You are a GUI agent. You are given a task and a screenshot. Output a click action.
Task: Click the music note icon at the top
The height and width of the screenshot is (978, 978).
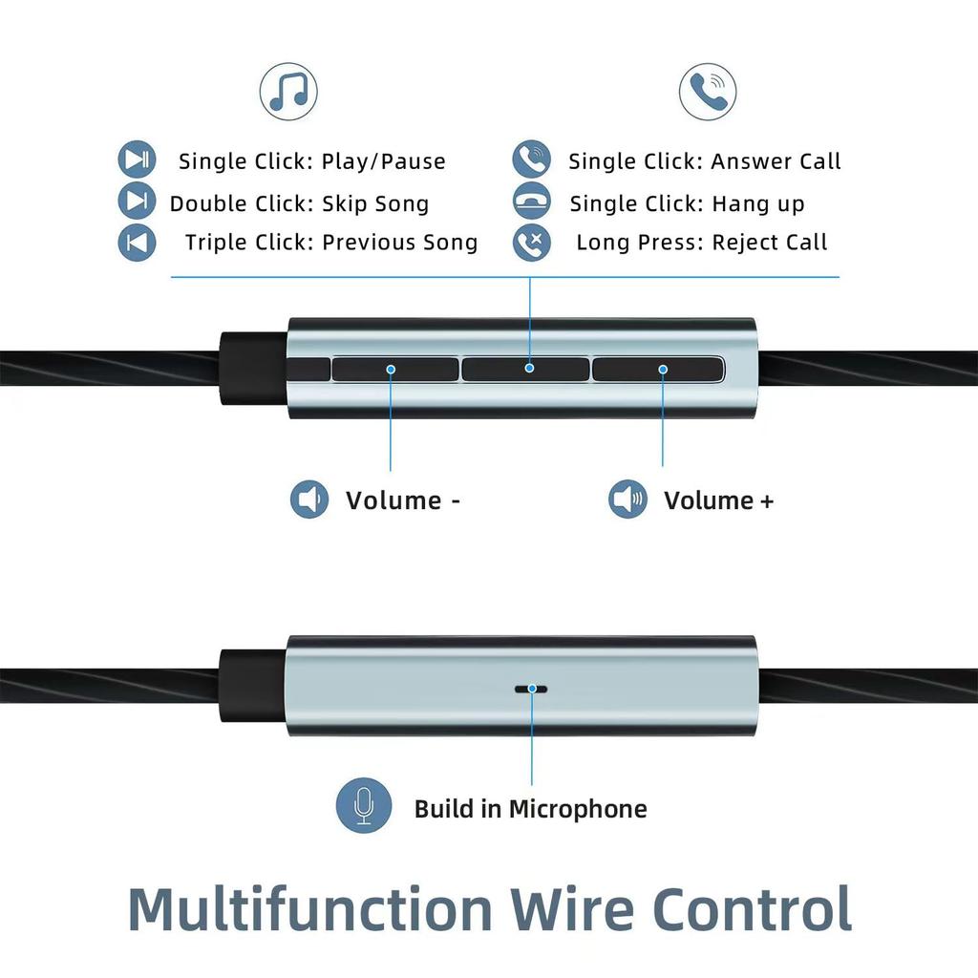coord(288,92)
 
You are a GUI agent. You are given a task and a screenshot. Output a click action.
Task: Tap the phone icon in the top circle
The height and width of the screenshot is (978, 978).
coord(708,92)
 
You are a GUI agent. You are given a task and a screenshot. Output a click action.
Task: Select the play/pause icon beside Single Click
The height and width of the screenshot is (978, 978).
coord(137,159)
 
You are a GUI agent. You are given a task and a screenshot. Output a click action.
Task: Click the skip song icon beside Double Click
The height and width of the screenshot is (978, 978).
coord(137,202)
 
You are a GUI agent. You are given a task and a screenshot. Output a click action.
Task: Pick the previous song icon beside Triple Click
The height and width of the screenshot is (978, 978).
coord(137,242)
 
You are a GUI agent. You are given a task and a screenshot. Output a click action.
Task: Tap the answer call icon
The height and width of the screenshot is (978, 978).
coord(531,159)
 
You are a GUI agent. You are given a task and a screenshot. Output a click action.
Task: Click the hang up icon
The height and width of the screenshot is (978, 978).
coord(531,202)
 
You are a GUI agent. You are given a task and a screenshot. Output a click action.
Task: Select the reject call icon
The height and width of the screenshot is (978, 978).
coord(531,242)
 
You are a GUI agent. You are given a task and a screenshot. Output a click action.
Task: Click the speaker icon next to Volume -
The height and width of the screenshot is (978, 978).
coord(308,500)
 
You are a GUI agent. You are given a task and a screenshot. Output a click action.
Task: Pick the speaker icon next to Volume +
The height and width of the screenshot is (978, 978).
coord(627,500)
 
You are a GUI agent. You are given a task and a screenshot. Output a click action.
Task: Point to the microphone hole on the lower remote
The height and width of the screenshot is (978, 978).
coord(531,688)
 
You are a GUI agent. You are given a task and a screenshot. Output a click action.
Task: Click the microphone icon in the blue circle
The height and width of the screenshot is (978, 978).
coord(363,807)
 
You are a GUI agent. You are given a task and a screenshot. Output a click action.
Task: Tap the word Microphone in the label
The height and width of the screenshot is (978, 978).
coord(577,809)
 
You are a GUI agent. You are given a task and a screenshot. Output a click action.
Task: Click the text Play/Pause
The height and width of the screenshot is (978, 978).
coord(383,161)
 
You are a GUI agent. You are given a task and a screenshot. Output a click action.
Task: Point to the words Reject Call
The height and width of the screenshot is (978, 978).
coord(770,243)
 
